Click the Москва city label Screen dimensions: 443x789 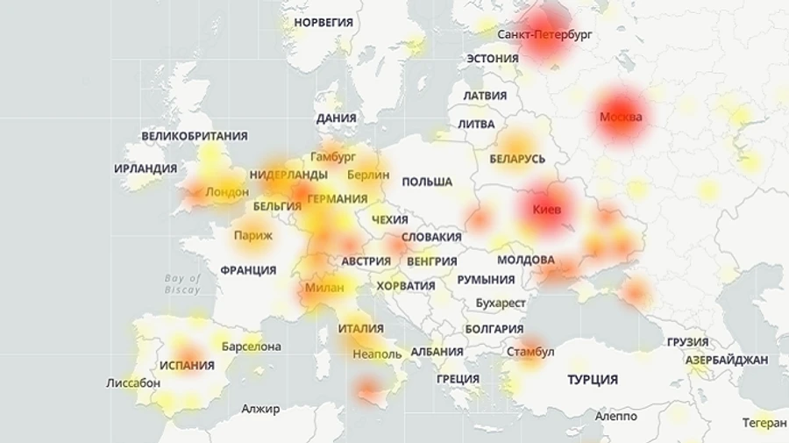pos(621,117)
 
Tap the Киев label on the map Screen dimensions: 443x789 pos(549,210)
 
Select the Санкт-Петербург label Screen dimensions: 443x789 pos(544,34)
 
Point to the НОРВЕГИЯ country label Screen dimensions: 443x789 pos(323,22)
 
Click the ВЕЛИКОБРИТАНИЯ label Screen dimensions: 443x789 pos(195,136)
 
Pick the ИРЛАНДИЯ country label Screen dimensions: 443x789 pos(146,168)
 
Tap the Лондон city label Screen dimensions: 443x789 pos(227,192)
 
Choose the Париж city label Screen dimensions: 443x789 pos(253,235)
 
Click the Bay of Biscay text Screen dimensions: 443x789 pos(182,283)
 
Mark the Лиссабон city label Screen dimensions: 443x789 pos(133,383)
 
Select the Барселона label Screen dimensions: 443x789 pos(252,347)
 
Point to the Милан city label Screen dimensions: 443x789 pos(324,287)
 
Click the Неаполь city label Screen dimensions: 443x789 pos(376,354)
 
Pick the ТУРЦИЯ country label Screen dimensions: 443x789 pos(593,380)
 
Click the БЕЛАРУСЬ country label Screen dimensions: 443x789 pos(517,159)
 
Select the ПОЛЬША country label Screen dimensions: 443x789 pos(427,182)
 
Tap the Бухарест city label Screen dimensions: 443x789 pos(500,304)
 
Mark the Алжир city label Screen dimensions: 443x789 pos(260,409)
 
